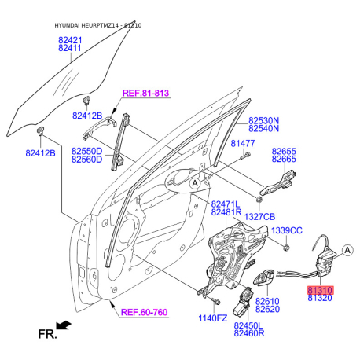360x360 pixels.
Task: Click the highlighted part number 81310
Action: (x=320, y=290)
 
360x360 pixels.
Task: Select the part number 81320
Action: (x=320, y=298)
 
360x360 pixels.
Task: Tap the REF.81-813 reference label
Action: (x=146, y=93)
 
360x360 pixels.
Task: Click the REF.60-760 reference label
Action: (x=144, y=312)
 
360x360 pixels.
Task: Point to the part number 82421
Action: (x=70, y=40)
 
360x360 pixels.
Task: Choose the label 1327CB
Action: (x=259, y=217)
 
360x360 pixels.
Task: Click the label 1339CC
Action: (x=287, y=230)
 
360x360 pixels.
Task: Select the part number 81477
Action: (x=243, y=143)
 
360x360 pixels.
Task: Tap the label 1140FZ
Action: (x=213, y=318)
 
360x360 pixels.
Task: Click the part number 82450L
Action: (x=248, y=325)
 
